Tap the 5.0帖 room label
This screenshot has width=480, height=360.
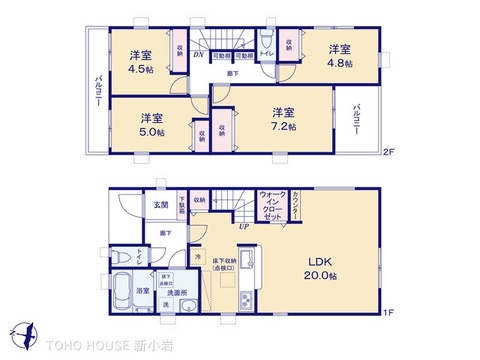pyautogui.click(x=151, y=124)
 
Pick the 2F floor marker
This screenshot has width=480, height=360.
pyautogui.click(x=388, y=151)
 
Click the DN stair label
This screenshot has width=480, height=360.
pyautogui.click(x=199, y=57)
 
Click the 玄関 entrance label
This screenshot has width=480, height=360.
pyautogui.click(x=161, y=205)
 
